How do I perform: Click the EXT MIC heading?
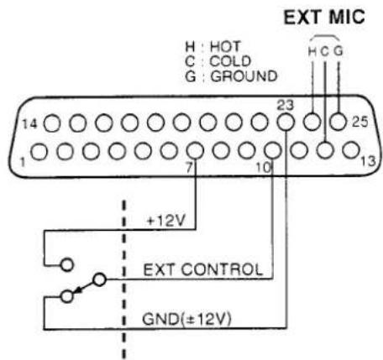(324, 17)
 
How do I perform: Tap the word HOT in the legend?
(225, 46)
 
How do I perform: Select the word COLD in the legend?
(230, 61)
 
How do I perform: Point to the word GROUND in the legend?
(244, 76)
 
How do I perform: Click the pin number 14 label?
(29, 124)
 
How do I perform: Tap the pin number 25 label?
(359, 122)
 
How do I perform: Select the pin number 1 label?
(23, 162)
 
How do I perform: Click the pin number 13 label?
(369, 162)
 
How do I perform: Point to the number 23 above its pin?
(286, 106)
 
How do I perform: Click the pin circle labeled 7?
(195, 150)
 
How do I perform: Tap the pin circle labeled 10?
(273, 150)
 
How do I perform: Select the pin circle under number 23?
(286, 123)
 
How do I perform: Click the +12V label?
(166, 221)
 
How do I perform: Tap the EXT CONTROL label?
(202, 270)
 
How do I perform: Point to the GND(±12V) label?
(186, 319)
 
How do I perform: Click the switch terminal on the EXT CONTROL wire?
(99, 279)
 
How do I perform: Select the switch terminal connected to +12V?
(67, 264)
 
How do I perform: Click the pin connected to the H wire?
(312, 122)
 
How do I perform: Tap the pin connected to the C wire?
(325, 150)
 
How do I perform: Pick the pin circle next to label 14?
(52, 123)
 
